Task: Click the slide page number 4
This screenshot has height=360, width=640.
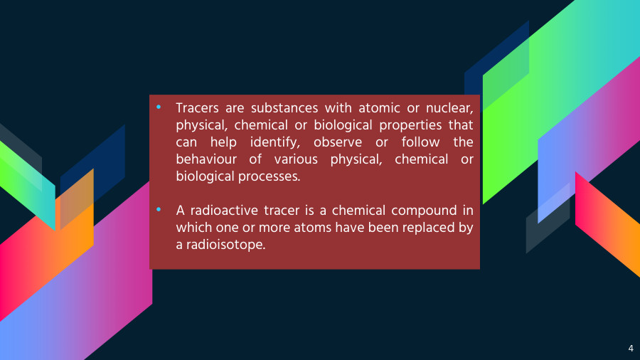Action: pos(631,348)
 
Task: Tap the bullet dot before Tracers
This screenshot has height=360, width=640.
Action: pos(159,107)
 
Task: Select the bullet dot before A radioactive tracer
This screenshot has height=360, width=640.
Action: pos(159,210)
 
